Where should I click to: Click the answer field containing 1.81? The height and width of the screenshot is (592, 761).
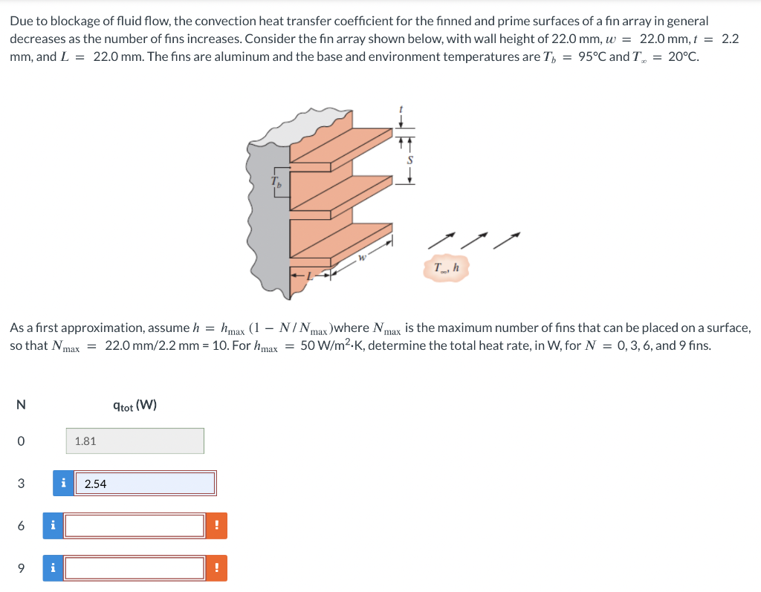pos(135,440)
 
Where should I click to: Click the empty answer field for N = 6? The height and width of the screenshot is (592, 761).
pos(135,526)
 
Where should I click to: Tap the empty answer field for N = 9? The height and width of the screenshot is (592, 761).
pos(135,568)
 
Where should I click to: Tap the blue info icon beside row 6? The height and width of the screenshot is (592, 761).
pos(53,526)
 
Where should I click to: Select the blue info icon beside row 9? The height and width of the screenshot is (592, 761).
pos(53,568)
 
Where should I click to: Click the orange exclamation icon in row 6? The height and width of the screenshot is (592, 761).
pos(216,526)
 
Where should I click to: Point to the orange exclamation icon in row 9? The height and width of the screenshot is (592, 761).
pos(216,568)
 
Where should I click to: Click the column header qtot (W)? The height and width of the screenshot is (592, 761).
pos(135,406)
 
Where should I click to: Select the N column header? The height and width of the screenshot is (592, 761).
pos(20,406)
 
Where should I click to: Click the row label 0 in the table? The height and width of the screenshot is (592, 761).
pos(20,441)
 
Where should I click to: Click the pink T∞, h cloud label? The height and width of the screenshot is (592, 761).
pos(447,268)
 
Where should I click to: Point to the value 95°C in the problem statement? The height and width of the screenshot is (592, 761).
pos(592,57)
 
